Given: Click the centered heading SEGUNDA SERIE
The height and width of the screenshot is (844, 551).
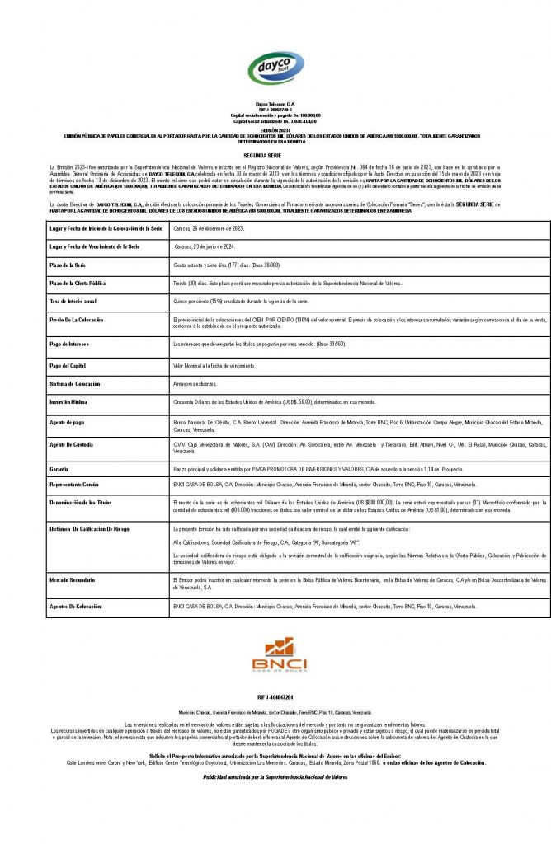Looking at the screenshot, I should tap(275, 154).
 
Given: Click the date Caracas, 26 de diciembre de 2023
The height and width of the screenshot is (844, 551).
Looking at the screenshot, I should tap(209, 227).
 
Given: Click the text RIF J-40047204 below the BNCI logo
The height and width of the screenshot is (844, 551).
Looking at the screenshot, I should tap(275, 697).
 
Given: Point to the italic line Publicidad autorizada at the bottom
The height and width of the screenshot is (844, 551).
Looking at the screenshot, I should tap(275, 777).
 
